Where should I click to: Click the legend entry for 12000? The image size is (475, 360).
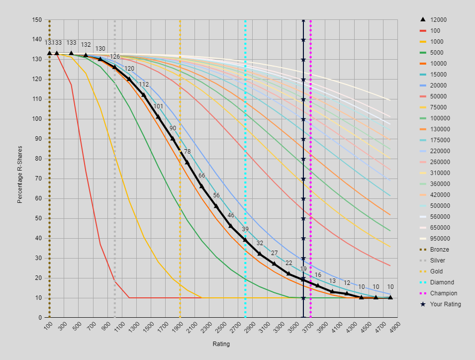click(x=438, y=20)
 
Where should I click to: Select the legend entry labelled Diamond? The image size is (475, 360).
click(x=442, y=282)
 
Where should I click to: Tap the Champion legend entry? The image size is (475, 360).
click(x=443, y=293)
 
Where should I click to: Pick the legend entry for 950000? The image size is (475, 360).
click(x=440, y=239)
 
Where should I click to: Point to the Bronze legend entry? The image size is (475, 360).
click(x=439, y=250)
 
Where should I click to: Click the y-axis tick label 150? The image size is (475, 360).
click(x=37, y=20)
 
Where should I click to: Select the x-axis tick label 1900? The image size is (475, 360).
click(x=179, y=328)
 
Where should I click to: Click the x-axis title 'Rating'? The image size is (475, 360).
click(x=221, y=344)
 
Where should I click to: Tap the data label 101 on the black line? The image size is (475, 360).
click(x=158, y=107)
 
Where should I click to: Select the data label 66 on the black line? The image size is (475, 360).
click(x=201, y=176)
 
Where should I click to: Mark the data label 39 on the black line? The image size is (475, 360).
click(x=245, y=230)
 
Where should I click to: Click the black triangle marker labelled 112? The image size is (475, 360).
click(x=144, y=94)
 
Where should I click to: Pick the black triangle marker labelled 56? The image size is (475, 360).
click(x=216, y=206)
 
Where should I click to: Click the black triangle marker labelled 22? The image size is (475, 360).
click(x=288, y=273)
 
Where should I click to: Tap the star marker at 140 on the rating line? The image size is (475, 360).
click(x=303, y=40)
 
